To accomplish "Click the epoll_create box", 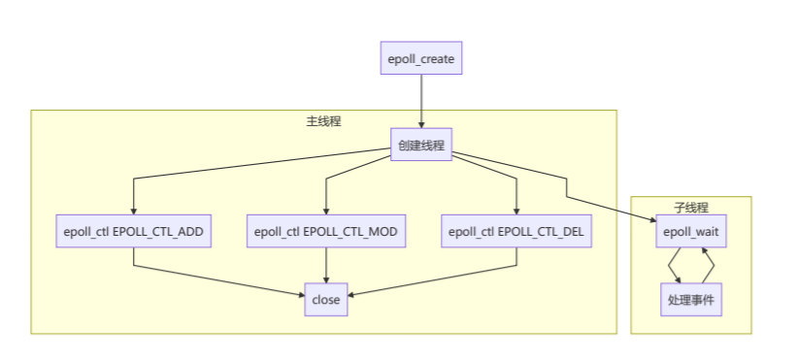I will pyautogui.click(x=420, y=59).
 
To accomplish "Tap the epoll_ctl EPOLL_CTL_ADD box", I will pyautogui.click(x=133, y=232).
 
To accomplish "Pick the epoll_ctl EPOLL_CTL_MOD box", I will pyautogui.click(x=325, y=232).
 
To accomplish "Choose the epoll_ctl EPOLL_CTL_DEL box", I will pyautogui.click(x=516, y=232).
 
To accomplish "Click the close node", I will pyautogui.click(x=325, y=299).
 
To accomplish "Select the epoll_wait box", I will pyautogui.click(x=690, y=232).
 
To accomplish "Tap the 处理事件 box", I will pyautogui.click(x=690, y=299).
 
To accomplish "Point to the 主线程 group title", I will pyautogui.click(x=323, y=121).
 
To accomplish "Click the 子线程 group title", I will pyautogui.click(x=690, y=208).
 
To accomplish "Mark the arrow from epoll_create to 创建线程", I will pyautogui.click(x=420, y=102).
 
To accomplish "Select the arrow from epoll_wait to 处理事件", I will pyautogui.click(x=673, y=265).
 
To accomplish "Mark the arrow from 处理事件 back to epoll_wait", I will pyautogui.click(x=709, y=265).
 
